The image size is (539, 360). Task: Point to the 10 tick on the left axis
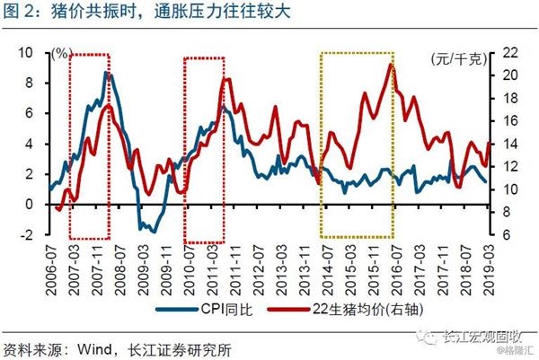coord(26,53)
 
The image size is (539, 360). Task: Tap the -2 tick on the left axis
coord(26,235)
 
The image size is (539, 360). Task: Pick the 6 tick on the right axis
coord(505,235)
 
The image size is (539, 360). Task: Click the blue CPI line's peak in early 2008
coord(107,73)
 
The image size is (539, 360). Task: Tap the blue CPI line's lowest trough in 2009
coord(152,232)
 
